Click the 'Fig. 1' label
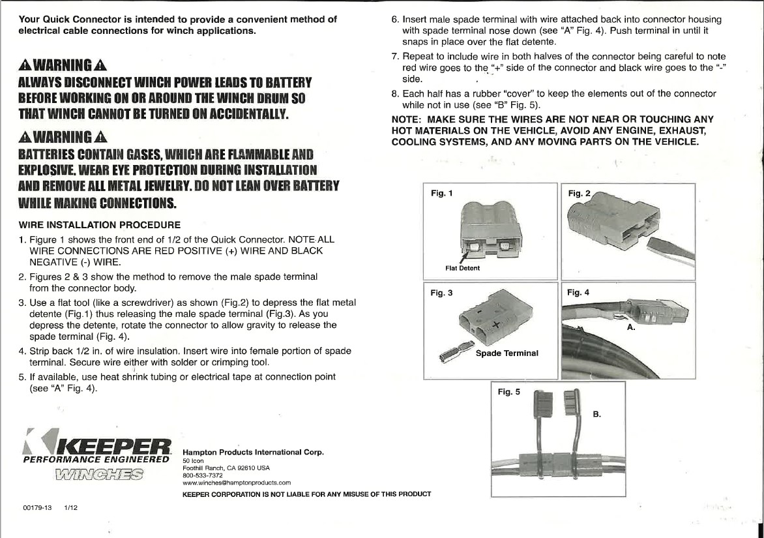tap(441, 192)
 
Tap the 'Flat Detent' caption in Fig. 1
tap(462, 268)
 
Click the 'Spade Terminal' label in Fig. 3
tap(507, 353)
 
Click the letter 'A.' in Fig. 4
tap(631, 327)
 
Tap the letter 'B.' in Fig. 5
tap(596, 414)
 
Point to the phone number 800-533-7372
tap(198, 475)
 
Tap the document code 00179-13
tap(37, 507)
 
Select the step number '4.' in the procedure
tap(22, 351)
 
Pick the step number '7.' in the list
tap(395, 57)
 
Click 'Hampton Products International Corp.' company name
tap(254, 452)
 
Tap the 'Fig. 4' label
tap(578, 292)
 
